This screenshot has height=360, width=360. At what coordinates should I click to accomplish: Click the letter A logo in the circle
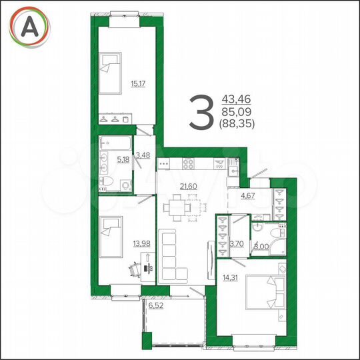[28, 26]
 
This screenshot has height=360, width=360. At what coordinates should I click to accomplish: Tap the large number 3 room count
[201, 113]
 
